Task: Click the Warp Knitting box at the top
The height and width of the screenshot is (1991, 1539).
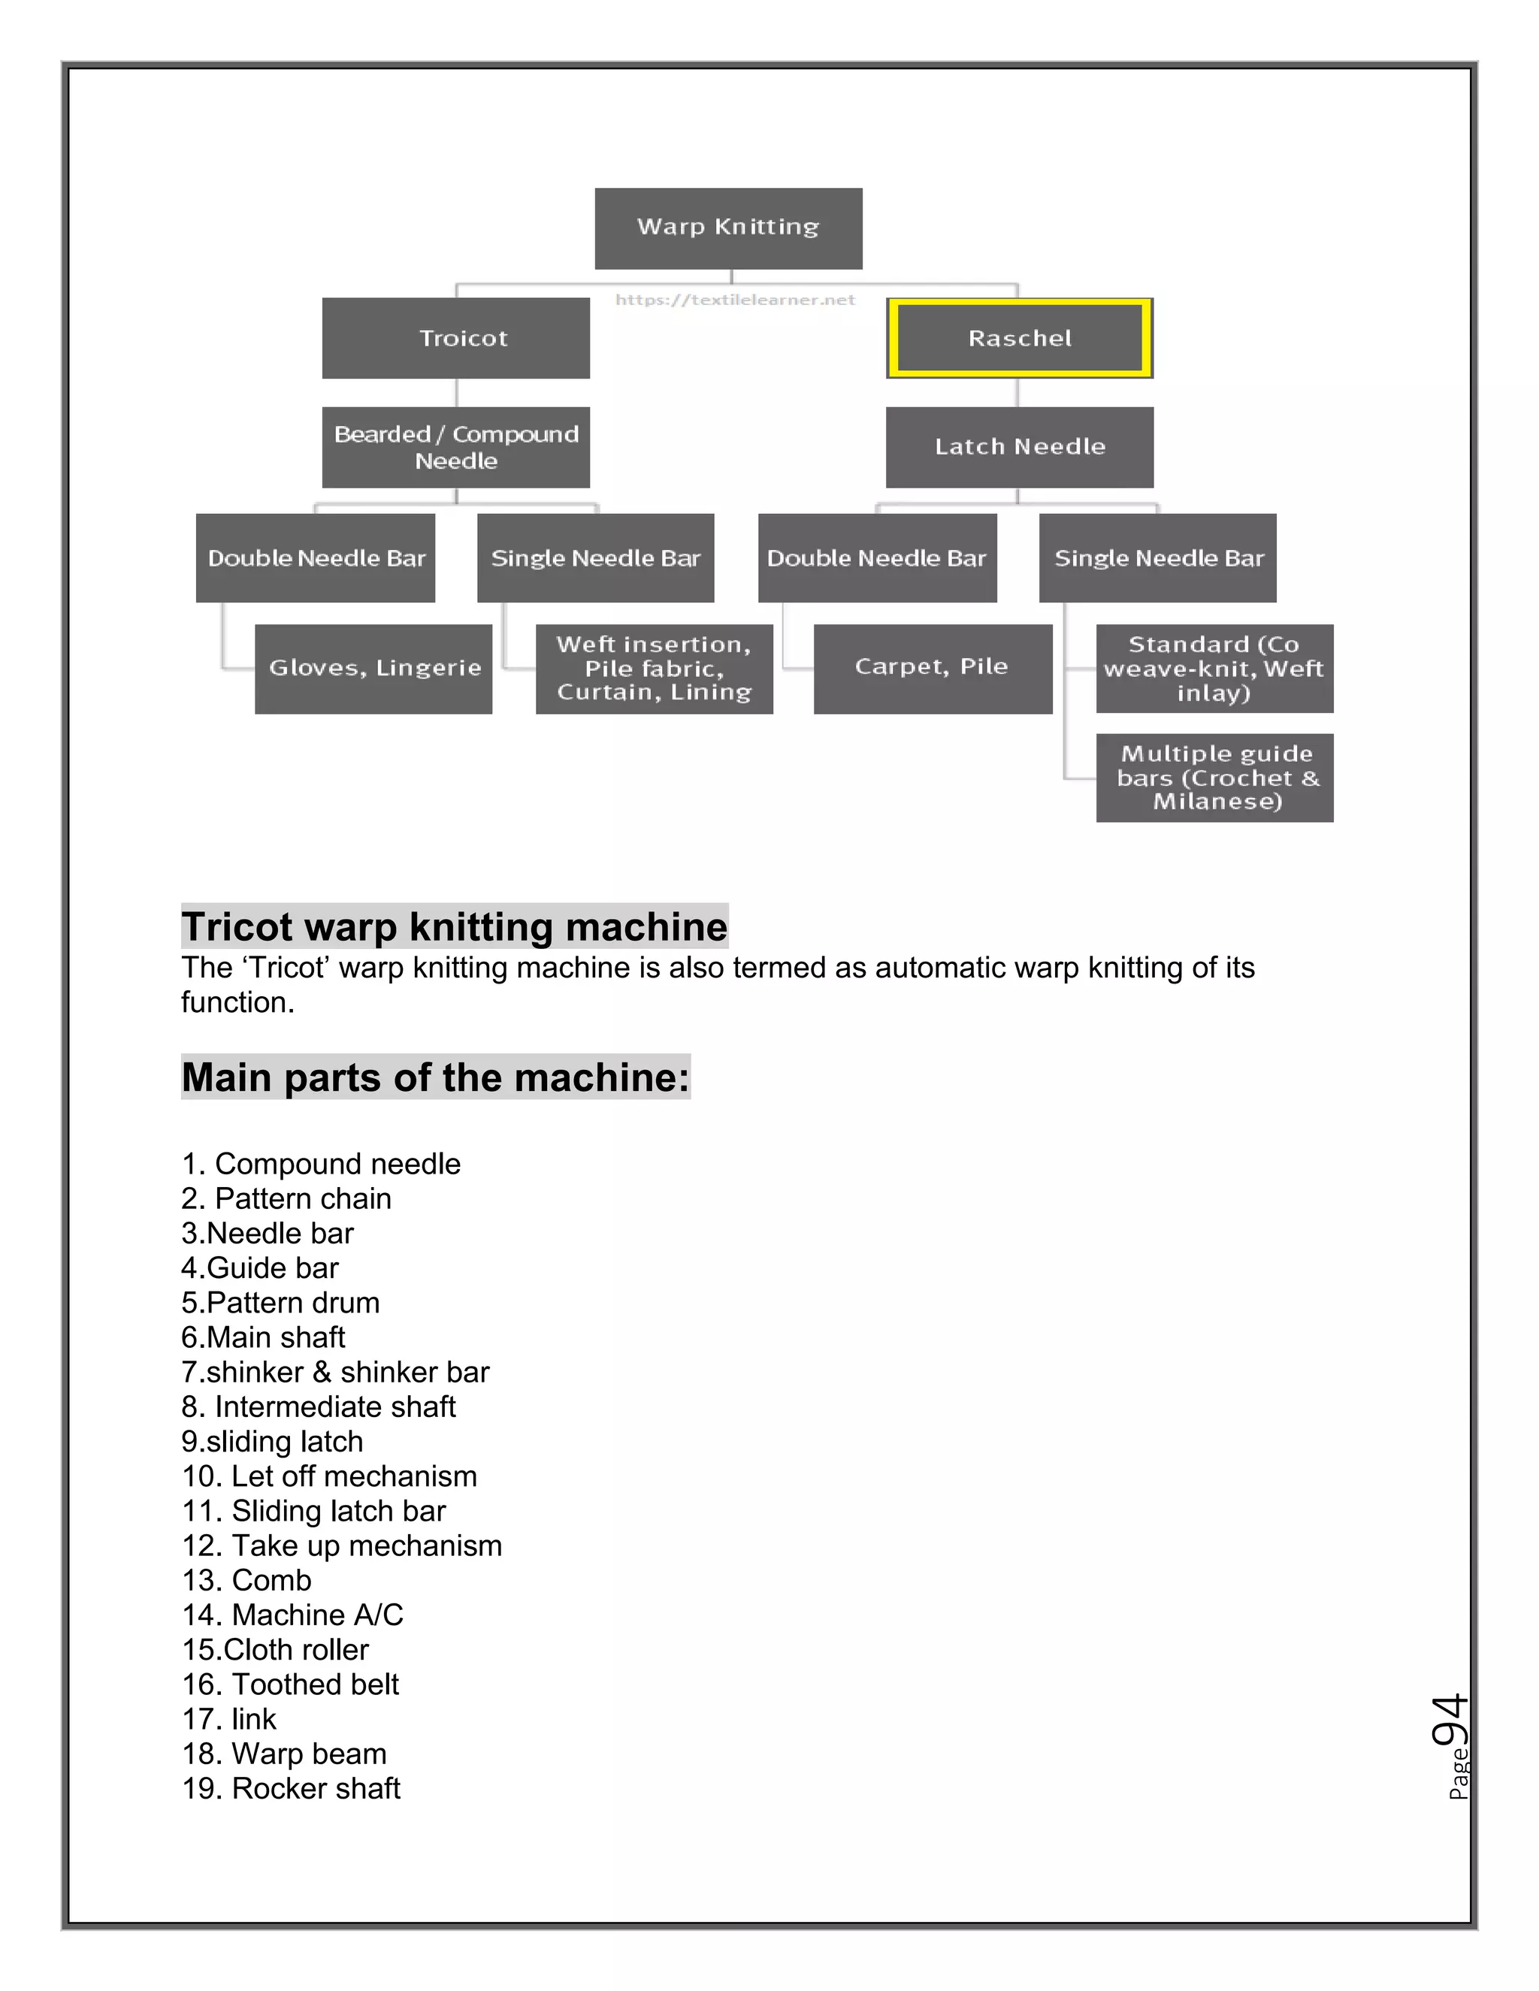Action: [727, 228]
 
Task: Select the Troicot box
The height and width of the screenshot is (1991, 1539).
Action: [456, 338]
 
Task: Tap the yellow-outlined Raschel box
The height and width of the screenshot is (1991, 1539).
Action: [1019, 338]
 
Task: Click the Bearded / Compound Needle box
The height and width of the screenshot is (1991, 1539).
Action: [456, 447]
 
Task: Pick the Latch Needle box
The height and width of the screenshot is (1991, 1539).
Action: [1019, 447]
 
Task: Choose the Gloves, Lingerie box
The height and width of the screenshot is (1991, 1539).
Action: [373, 668]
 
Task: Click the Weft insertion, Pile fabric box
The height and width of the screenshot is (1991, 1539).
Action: [654, 668]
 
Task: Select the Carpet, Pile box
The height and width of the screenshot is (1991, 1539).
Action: [932, 668]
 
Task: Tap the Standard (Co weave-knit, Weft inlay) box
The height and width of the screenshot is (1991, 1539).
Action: [1214, 668]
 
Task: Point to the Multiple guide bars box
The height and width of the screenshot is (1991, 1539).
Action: [1214, 778]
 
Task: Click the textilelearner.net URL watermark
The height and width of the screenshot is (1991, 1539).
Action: [735, 300]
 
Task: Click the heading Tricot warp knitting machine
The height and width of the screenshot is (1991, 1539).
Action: [454, 926]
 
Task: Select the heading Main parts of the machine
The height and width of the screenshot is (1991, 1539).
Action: [435, 1077]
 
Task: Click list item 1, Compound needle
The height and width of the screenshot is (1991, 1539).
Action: [321, 1163]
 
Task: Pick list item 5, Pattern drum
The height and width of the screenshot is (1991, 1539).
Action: [281, 1302]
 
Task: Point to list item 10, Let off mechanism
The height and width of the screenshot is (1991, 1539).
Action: [330, 1476]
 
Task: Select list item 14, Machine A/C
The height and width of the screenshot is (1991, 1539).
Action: [292, 1615]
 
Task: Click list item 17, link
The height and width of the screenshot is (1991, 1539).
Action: [230, 1718]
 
